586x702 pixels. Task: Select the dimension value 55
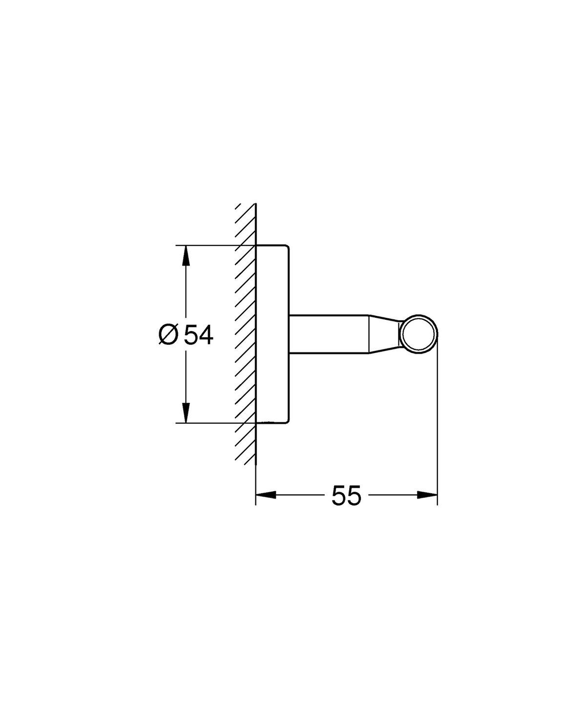point(346,496)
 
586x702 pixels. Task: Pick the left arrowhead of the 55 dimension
point(266,495)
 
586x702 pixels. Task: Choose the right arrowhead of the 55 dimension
point(427,495)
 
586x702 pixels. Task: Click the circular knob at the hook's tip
point(419,334)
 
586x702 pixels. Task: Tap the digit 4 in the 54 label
point(206,335)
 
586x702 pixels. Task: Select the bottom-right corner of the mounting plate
point(288,420)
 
